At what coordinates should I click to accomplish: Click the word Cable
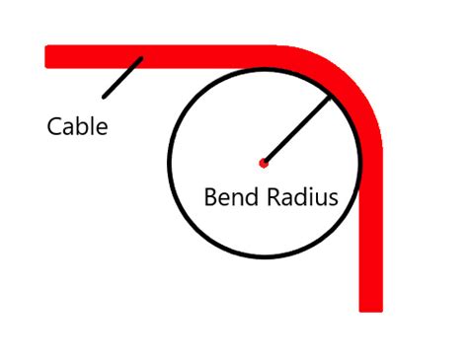coord(77,127)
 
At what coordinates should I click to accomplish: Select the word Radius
coord(302,196)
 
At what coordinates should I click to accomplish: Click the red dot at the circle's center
coord(263,163)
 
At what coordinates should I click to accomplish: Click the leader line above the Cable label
coord(121,78)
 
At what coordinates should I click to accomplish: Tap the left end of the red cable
coord(48,56)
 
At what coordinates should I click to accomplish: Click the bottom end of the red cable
coord(370,308)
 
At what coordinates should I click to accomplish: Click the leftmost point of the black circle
coord(170,163)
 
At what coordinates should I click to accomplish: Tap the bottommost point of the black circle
coord(263,255)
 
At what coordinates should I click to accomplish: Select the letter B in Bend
coord(211,196)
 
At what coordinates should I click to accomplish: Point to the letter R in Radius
coord(275,196)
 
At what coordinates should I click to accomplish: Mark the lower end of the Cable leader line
coord(104,97)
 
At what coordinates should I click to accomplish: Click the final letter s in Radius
coord(333,198)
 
